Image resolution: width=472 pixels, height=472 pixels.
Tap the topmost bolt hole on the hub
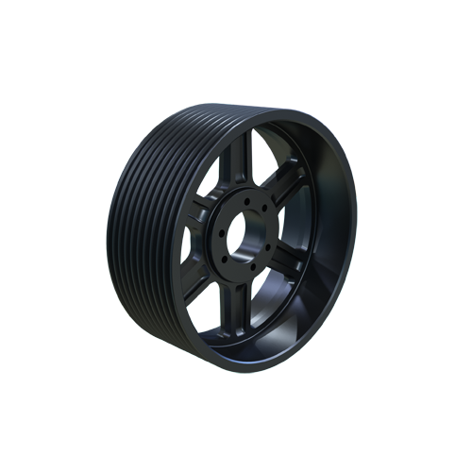pyautogui.click(x=246, y=202)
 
